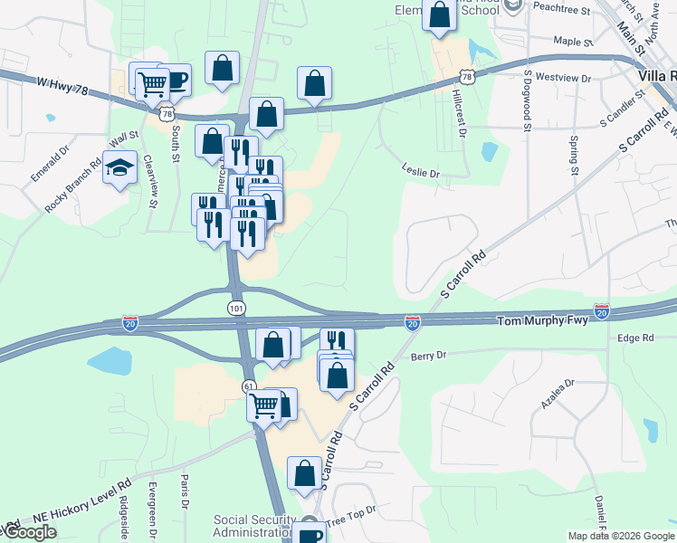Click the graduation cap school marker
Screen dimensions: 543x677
coord(119,168)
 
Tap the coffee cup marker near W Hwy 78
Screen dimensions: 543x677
coord(176,80)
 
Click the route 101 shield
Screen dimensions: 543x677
coord(236,309)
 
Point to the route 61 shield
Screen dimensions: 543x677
coord(249,386)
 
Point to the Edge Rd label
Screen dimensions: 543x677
coord(634,338)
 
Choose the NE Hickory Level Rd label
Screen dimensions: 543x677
coord(82,503)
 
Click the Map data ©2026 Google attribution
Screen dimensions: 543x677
coord(620,536)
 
